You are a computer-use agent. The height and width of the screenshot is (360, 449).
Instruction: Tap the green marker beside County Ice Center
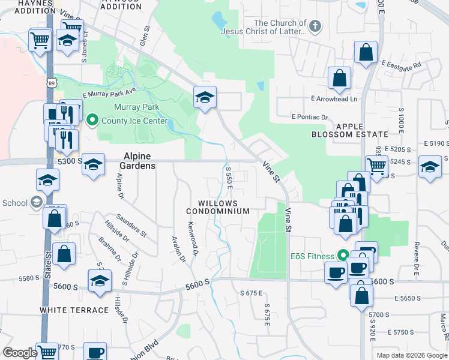pos(92,121)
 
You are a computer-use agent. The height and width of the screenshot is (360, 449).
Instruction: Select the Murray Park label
pos(137,107)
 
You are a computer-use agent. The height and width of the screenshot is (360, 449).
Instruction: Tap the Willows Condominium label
pos(217,207)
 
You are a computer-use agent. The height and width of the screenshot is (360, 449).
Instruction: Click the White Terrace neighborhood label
pos(74,310)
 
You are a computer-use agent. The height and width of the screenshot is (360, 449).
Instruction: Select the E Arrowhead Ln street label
pos(334,98)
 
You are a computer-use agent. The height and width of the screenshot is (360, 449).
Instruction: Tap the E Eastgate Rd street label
pos(401,62)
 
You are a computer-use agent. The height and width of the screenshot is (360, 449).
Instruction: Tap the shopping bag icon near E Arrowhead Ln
pos(339,79)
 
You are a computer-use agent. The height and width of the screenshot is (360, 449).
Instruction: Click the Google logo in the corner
pos(20,353)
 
